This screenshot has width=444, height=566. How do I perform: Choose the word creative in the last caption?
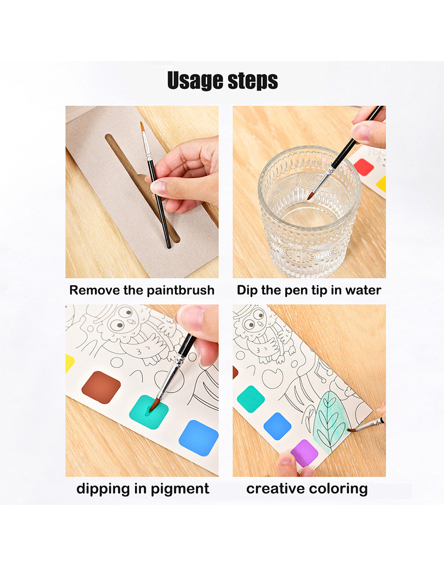click(274, 489)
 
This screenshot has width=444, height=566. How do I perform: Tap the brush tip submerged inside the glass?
click(311, 194)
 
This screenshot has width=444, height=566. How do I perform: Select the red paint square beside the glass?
click(363, 166)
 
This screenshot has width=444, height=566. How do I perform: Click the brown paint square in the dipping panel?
click(101, 387)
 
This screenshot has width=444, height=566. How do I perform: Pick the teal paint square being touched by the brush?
click(148, 412)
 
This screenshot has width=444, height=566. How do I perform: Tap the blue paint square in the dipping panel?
click(198, 437)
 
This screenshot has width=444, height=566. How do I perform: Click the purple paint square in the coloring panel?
click(304, 452)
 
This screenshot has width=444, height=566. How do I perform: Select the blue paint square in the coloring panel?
click(277, 426)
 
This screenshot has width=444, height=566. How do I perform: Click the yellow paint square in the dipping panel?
click(69, 363)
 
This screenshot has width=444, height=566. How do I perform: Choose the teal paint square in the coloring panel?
click(250, 398)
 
